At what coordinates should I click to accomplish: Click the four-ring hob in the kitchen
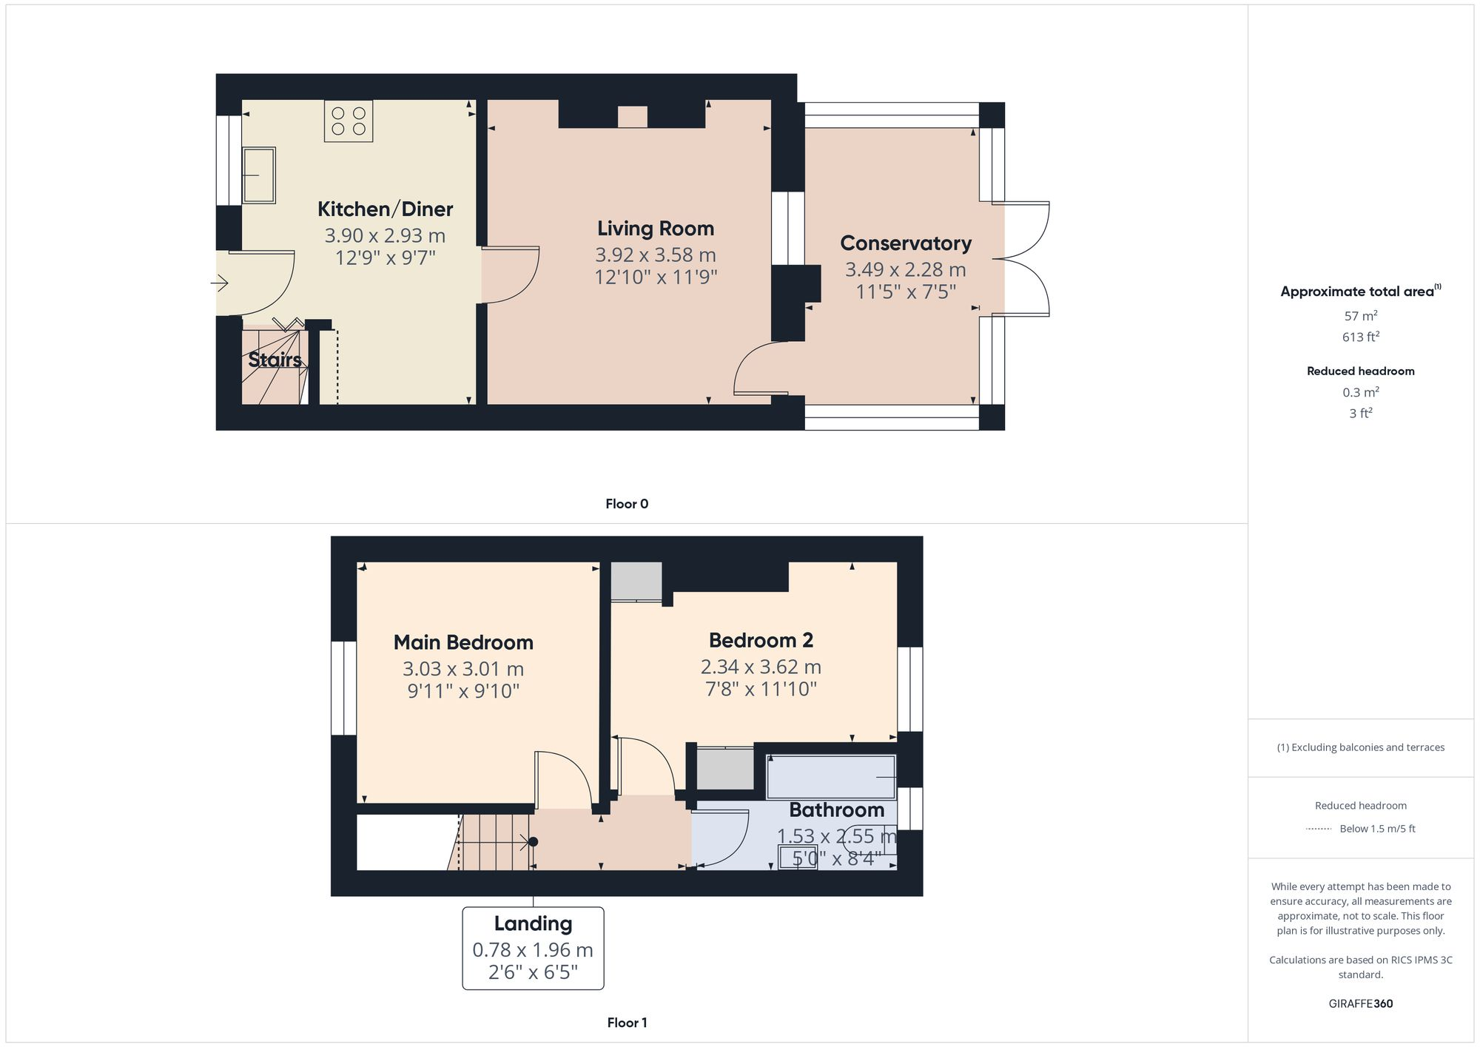point(348,121)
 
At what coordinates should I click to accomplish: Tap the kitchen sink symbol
point(259,175)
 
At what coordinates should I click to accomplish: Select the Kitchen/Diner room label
point(385,209)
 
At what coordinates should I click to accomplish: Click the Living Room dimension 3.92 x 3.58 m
point(655,255)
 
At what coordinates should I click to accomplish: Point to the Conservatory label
point(905,243)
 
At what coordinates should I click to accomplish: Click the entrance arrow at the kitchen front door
point(220,283)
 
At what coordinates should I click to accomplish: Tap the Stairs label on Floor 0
point(275,360)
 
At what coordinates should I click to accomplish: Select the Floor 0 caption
point(626,504)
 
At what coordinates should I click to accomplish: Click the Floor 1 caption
point(627,1023)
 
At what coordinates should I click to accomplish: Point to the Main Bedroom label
point(463,642)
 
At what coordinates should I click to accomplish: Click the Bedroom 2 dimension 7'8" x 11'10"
point(761,690)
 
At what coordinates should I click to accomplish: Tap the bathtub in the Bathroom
point(830,777)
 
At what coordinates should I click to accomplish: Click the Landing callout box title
point(533,923)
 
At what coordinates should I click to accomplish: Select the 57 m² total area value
point(1360,316)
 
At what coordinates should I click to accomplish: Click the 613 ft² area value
point(1360,337)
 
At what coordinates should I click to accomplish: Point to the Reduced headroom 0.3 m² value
point(1360,393)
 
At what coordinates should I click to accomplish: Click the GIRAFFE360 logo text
point(1360,1004)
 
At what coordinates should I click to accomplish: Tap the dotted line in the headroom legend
point(1319,829)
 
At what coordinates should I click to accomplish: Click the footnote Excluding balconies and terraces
point(1360,747)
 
